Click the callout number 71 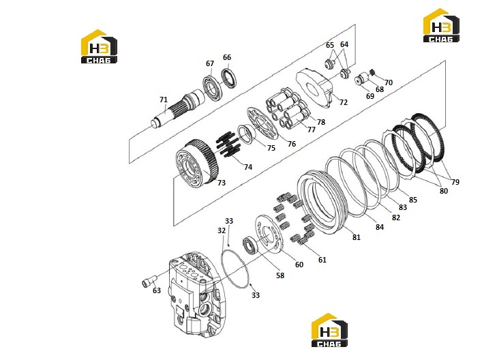(164, 100)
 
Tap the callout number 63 (157, 290)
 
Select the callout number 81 (357, 237)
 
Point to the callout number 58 (280, 275)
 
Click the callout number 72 (344, 102)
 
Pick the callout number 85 (413, 200)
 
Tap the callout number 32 (222, 230)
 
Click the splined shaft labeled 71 (177, 108)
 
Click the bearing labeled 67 (212, 87)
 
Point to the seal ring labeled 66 (229, 78)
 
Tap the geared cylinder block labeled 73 (197, 162)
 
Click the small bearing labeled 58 (251, 246)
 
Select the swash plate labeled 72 (314, 88)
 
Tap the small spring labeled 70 (372, 72)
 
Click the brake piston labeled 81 (322, 202)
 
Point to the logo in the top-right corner (441, 25)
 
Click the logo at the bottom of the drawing (329, 330)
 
